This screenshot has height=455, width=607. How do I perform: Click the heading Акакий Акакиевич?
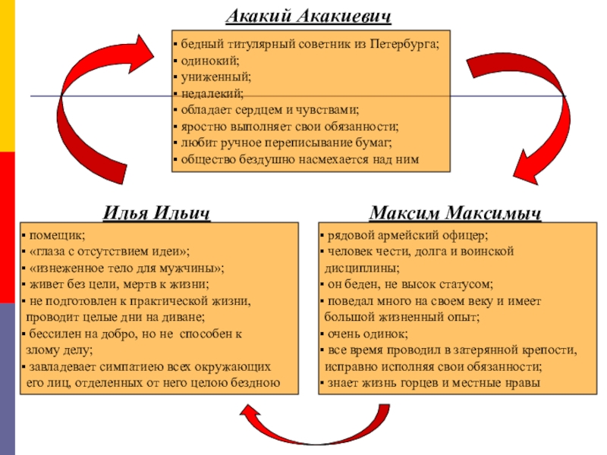coord(309,15)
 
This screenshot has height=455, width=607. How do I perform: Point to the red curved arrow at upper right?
coord(524,114)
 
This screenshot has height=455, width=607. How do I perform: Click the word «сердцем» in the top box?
coord(262,111)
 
